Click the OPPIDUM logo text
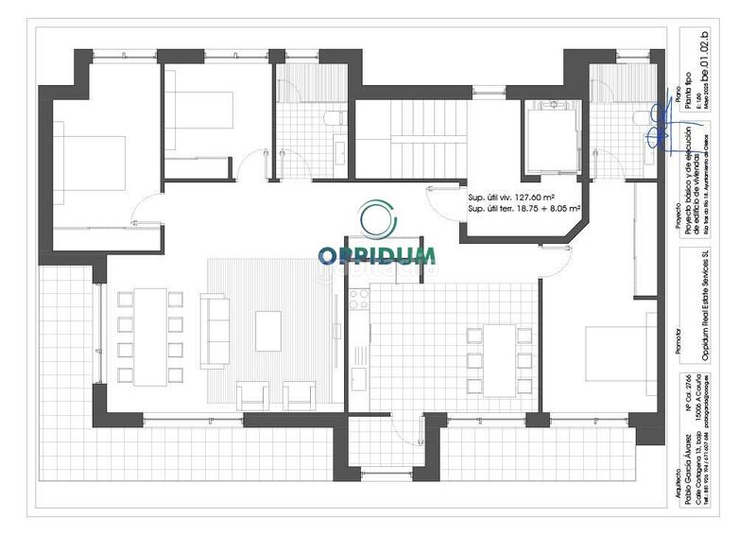point(376,255)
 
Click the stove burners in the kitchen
point(359,300)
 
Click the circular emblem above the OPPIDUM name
point(377,219)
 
